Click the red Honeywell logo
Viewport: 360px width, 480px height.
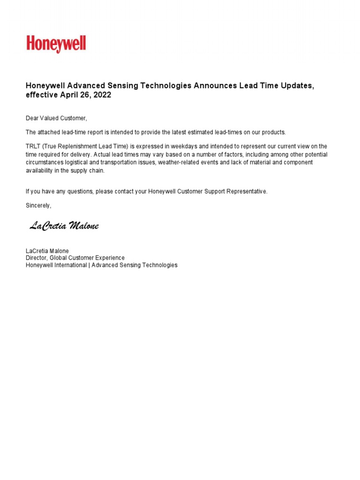[x=56, y=44]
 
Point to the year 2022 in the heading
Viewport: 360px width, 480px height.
[x=103, y=95]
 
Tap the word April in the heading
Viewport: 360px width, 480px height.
[x=70, y=95]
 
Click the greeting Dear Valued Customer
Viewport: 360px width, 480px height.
[x=56, y=118]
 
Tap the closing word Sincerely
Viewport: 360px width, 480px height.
[x=38, y=205]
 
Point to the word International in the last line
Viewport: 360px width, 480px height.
[x=70, y=265]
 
